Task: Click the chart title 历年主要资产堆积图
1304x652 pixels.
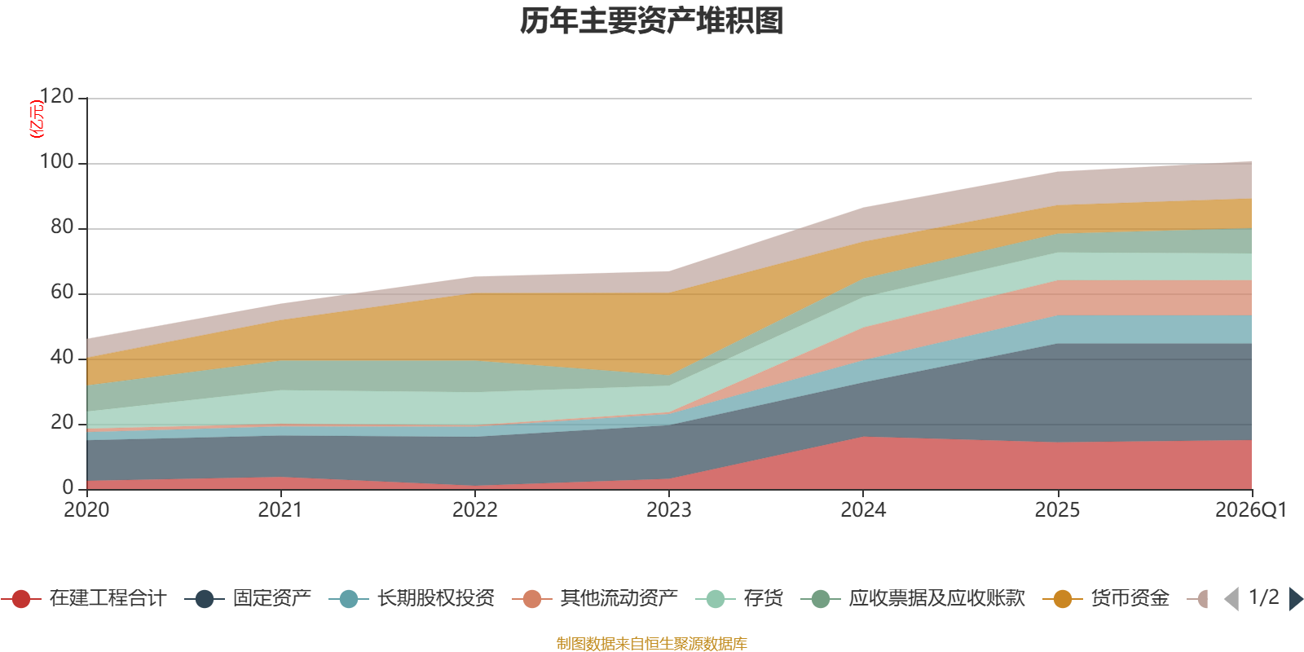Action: click(x=652, y=21)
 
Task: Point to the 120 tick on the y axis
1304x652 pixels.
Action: click(x=57, y=97)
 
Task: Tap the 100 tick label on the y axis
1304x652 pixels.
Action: click(x=57, y=162)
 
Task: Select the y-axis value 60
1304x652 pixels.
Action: click(x=62, y=293)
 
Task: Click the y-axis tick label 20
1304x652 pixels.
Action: click(x=62, y=423)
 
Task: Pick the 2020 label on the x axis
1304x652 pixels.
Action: click(x=86, y=510)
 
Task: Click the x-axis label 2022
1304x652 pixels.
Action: click(x=475, y=510)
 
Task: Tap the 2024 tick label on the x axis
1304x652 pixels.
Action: click(x=863, y=510)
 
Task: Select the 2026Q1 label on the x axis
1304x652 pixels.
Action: click(x=1251, y=510)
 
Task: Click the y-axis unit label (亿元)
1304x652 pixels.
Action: click(x=37, y=119)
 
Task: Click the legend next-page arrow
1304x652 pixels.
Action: click(x=1295, y=599)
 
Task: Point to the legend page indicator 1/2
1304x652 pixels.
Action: click(x=1263, y=597)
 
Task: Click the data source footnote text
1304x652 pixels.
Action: click(x=652, y=644)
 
